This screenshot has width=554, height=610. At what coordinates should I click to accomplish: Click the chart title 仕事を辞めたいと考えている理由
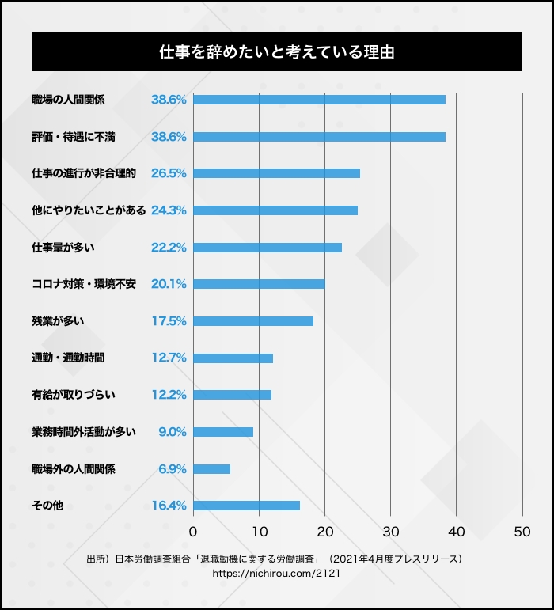pyautogui.click(x=276, y=52)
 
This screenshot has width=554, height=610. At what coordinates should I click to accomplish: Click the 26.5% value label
pyautogui.click(x=169, y=173)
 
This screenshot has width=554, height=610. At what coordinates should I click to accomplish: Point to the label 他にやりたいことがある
pyautogui.click(x=89, y=210)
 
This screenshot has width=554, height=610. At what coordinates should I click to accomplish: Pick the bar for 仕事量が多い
pyautogui.click(x=268, y=248)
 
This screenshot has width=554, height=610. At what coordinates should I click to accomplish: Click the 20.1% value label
pyautogui.click(x=169, y=284)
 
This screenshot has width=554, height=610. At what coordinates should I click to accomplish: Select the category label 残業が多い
pyautogui.click(x=58, y=321)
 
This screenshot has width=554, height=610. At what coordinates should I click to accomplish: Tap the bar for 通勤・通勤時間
pyautogui.click(x=233, y=358)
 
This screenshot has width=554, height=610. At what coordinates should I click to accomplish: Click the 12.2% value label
pyautogui.click(x=169, y=395)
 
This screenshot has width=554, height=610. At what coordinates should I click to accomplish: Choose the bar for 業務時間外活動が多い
pyautogui.click(x=223, y=432)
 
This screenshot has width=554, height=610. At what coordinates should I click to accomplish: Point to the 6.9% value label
pyautogui.click(x=173, y=469)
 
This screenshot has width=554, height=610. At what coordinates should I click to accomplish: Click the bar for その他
pyautogui.click(x=246, y=506)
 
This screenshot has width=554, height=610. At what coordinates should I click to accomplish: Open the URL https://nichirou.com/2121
pyautogui.click(x=276, y=573)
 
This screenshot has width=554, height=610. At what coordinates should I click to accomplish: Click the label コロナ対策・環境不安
pyautogui.click(x=84, y=284)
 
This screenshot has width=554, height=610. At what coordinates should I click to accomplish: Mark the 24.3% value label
pyautogui.click(x=169, y=210)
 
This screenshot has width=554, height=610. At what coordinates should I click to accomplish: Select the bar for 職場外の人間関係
pyautogui.click(x=211, y=469)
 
